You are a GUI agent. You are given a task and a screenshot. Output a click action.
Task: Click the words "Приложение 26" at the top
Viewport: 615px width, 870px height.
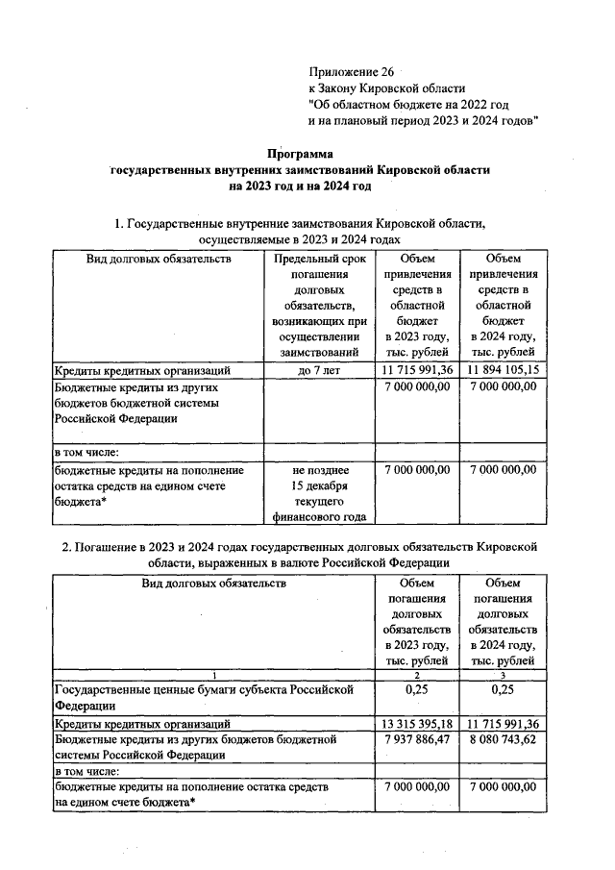(351, 72)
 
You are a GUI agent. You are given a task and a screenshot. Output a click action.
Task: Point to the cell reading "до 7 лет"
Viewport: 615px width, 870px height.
(317, 369)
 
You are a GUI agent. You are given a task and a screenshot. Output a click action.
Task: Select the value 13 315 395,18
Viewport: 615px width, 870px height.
(416, 723)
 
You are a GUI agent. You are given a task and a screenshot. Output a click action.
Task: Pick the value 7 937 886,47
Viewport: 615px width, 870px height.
(416, 738)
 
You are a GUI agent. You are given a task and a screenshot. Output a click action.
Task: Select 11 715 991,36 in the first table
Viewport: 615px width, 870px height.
(416, 369)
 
